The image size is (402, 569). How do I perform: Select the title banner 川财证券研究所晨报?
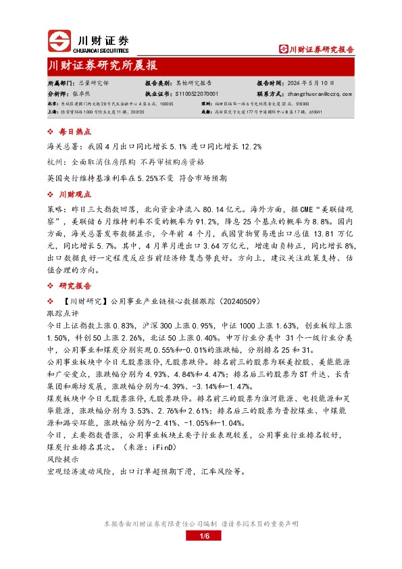tap(103, 66)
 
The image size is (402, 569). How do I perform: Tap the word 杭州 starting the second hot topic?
tap(57, 163)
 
